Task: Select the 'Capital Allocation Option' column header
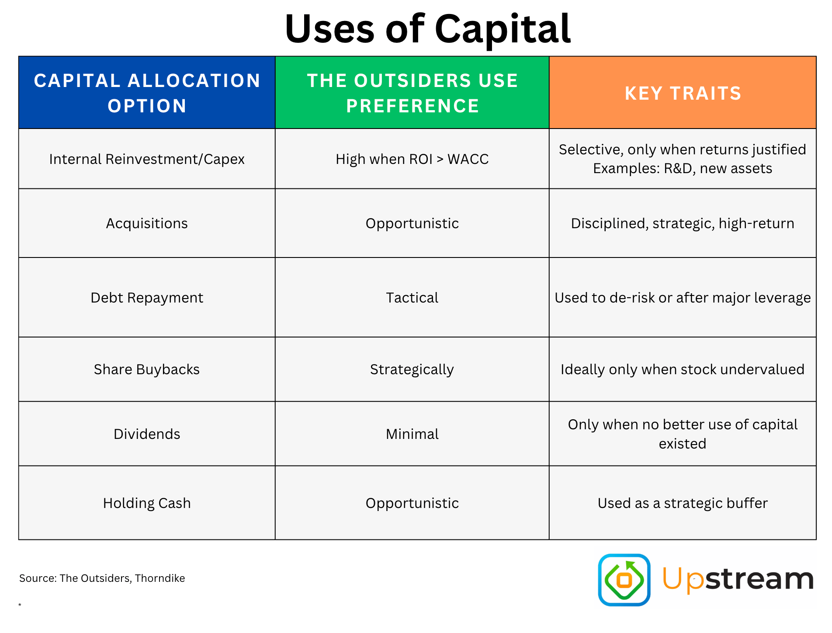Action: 147,93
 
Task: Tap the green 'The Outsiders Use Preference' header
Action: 412,93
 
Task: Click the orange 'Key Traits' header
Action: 683,93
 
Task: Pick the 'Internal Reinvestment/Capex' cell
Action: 147,159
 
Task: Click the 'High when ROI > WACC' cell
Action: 412,159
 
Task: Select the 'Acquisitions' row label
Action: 147,223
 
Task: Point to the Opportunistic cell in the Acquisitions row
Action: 412,223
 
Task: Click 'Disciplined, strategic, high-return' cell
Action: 683,223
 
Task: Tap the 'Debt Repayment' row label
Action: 147,298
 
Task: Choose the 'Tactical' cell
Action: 412,298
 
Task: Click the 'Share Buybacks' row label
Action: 147,369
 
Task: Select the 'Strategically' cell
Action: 412,369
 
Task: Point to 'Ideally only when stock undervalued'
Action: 683,369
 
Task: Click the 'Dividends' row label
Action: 147,434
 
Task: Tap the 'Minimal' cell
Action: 412,434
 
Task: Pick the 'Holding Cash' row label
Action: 147,503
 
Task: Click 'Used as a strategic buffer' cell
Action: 683,503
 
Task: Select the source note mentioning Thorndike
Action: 102,578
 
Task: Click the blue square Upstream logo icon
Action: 624,580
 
